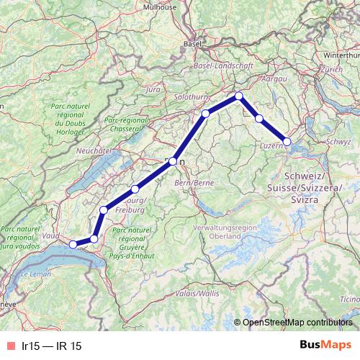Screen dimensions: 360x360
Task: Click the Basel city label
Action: click(x=192, y=43)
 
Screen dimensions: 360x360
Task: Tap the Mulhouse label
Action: click(x=159, y=6)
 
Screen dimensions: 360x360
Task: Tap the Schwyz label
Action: click(x=338, y=142)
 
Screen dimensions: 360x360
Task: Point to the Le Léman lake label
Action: click(x=35, y=274)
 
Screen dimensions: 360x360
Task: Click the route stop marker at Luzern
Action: click(x=287, y=142)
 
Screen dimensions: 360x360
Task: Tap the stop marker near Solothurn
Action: click(x=206, y=113)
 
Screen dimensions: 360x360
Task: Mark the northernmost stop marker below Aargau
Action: click(x=238, y=95)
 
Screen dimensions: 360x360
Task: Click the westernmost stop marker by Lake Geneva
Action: click(x=72, y=244)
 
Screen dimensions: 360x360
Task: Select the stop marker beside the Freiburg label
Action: click(x=135, y=189)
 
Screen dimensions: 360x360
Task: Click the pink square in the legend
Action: click(x=9, y=346)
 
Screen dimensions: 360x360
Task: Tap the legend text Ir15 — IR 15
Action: click(x=52, y=346)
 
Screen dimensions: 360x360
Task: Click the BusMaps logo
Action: click(x=325, y=346)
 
